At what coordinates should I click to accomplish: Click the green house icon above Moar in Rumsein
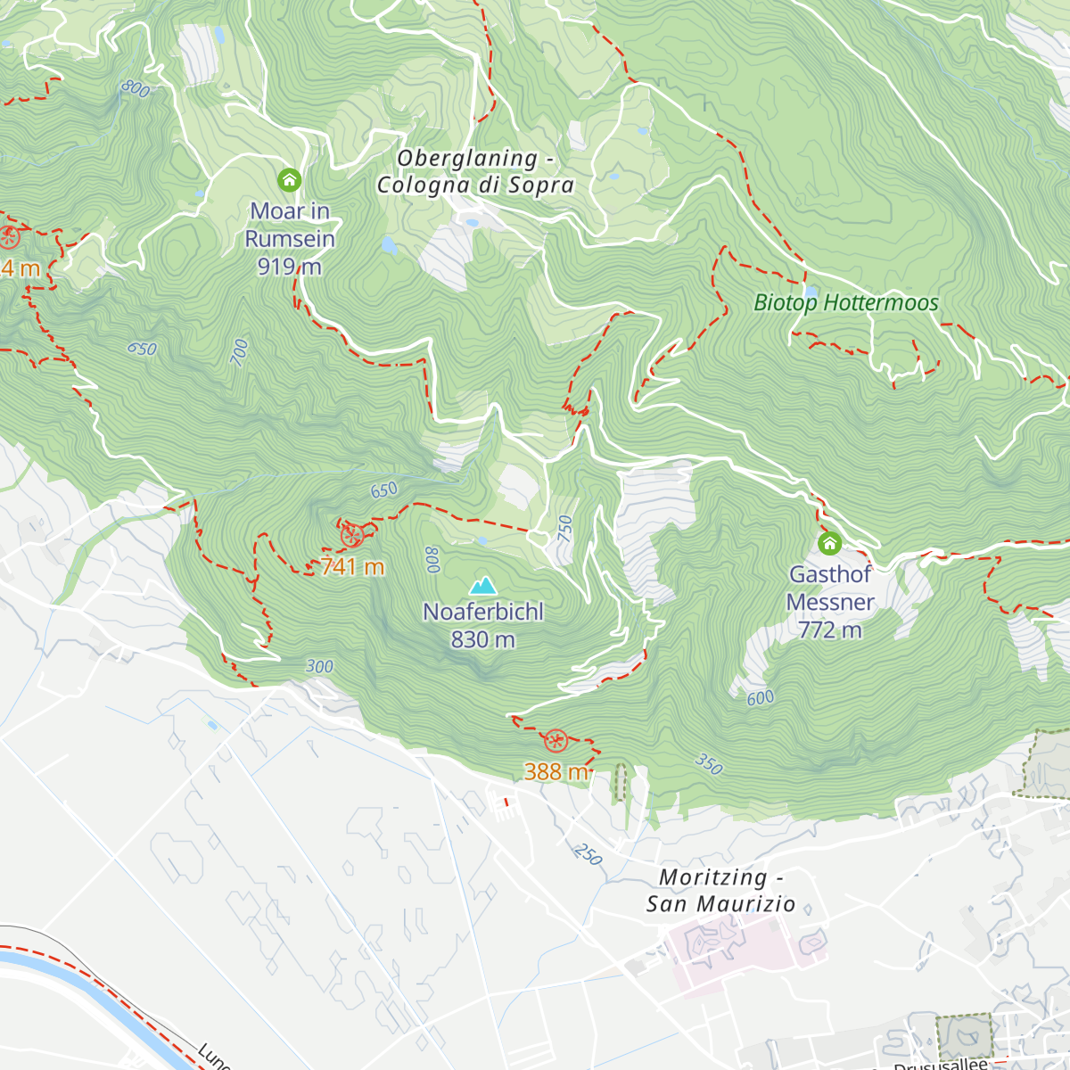click(289, 180)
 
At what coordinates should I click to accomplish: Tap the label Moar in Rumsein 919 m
click(290, 239)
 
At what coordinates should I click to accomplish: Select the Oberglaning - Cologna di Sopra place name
click(474, 172)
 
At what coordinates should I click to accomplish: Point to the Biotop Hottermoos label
click(845, 303)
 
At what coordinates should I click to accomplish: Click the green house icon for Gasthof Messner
click(829, 543)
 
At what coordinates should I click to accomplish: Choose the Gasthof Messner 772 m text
click(829, 602)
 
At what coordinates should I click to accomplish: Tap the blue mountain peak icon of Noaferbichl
click(483, 586)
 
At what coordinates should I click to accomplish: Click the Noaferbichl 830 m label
click(482, 626)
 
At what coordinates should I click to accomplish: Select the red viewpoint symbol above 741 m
click(351, 536)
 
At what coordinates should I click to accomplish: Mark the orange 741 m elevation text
click(352, 567)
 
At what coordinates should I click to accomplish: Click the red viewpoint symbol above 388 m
click(556, 740)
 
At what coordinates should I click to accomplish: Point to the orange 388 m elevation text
click(556, 771)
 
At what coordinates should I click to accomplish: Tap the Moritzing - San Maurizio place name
click(720, 891)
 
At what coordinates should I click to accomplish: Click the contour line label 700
click(240, 352)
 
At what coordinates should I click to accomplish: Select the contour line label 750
click(565, 528)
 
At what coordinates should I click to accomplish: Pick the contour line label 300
click(319, 667)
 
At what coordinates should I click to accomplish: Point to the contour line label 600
click(761, 698)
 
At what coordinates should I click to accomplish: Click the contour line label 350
click(709, 764)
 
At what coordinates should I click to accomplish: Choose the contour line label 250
click(588, 854)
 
